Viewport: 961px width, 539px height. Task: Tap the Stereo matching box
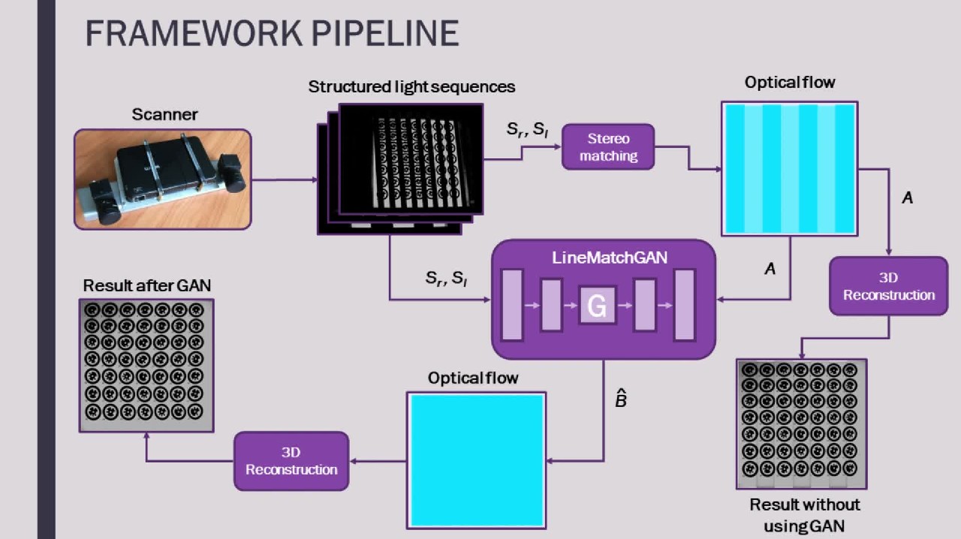(608, 147)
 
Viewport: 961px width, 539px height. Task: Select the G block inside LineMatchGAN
(597, 305)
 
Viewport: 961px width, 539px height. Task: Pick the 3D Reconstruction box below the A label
(888, 286)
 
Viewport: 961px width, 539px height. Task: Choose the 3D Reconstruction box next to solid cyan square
(291, 461)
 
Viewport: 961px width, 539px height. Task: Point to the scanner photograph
(162, 179)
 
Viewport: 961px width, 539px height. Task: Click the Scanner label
(164, 115)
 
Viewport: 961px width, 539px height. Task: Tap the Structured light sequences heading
(411, 86)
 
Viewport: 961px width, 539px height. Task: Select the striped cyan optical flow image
(789, 169)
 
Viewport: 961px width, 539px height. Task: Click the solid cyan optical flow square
(476, 459)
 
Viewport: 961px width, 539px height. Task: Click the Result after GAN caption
(147, 285)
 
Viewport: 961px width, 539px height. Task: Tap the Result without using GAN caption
(804, 514)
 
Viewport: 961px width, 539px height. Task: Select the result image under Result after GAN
(146, 365)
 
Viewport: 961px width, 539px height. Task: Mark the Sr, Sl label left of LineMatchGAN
(446, 279)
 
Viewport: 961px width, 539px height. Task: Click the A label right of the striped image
(907, 198)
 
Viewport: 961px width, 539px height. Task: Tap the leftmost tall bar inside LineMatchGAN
(511, 306)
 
